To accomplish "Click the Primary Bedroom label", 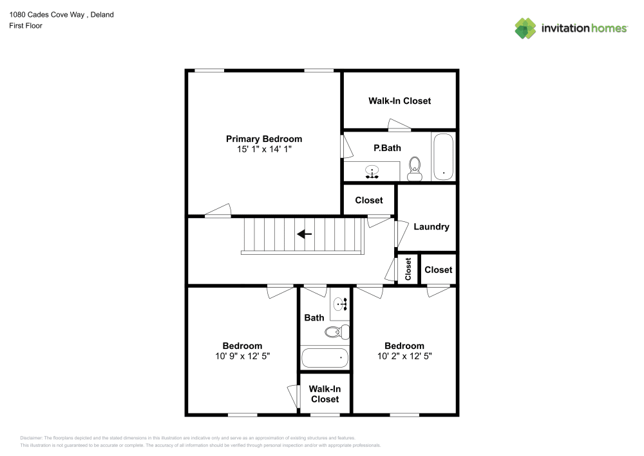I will coord(263,139).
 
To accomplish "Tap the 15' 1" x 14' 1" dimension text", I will coord(263,149).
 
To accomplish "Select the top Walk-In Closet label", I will coord(399,101).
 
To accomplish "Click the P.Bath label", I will coord(387,148).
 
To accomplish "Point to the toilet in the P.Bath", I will coord(415,168).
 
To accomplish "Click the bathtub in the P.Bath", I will coord(443,156).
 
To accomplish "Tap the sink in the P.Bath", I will coord(372,172).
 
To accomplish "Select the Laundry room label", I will coord(431,226).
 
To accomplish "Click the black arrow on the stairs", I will coord(304,234).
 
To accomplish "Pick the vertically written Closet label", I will coord(408,270).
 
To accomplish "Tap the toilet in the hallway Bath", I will coord(336,332).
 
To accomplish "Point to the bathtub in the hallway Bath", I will coord(325,357).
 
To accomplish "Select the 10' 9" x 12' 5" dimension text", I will coord(242,355).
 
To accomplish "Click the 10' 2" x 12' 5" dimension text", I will coord(404,355).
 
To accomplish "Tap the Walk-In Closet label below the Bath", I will coord(325,394).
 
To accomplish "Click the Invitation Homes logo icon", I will coord(526,28).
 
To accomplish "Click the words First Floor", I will coord(26,26).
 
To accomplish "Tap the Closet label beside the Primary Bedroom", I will coord(369,201).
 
